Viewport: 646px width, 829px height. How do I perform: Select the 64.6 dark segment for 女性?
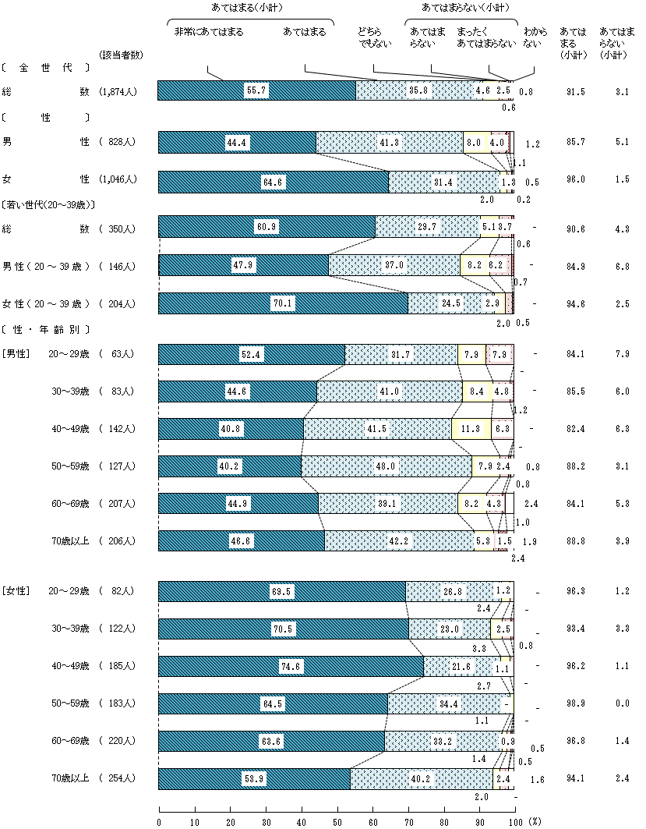[274, 182]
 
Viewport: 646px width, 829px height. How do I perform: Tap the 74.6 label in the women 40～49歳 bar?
[291, 667]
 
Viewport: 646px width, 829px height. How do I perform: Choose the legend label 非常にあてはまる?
[209, 32]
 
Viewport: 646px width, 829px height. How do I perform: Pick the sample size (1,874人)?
[118, 91]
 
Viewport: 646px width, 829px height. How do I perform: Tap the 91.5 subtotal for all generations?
[577, 91]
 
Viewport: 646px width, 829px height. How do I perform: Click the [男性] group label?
[16, 354]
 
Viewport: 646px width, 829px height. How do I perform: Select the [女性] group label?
[16, 592]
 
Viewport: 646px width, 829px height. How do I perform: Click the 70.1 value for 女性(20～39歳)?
[282, 303]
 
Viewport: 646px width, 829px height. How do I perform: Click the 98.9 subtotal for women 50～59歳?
[577, 703]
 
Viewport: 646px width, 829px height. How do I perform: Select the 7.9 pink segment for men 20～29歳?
[499, 354]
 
